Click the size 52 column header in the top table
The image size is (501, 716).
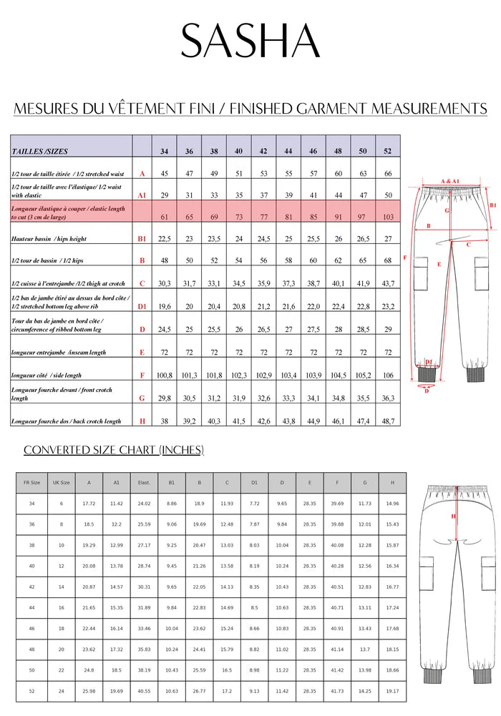pyautogui.click(x=387, y=152)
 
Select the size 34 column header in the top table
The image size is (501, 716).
pyautogui.click(x=165, y=152)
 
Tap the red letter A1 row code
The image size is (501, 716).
pyautogui.click(x=142, y=195)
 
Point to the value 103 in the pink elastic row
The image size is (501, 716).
pyautogui.click(x=387, y=216)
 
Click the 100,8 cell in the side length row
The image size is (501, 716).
pyautogui.click(x=165, y=375)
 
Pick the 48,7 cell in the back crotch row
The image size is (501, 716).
pyautogui.click(x=387, y=421)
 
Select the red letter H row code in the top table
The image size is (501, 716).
pyautogui.click(x=142, y=421)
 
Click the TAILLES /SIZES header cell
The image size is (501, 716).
pyautogui.click(x=40, y=152)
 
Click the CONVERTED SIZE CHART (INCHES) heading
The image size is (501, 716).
pyautogui.click(x=114, y=450)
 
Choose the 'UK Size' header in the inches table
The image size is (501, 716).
pyautogui.click(x=61, y=483)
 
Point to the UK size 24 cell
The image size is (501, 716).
pyautogui.click(x=61, y=692)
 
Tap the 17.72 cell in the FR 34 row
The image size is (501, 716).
pyautogui.click(x=89, y=504)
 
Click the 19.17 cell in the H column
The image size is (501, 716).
pyautogui.click(x=392, y=692)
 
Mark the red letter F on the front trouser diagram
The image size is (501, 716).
pyautogui.click(x=406, y=258)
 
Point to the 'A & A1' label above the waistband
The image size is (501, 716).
pyautogui.click(x=450, y=182)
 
